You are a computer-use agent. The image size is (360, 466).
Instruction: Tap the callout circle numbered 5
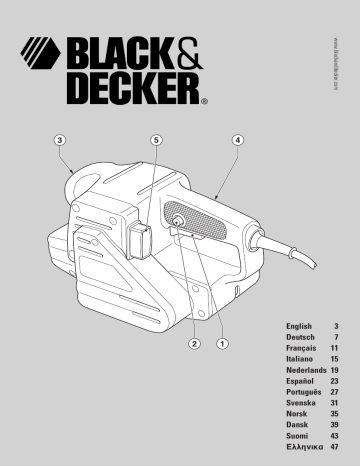point(157,140)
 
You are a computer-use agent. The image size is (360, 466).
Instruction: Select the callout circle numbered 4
point(238,140)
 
